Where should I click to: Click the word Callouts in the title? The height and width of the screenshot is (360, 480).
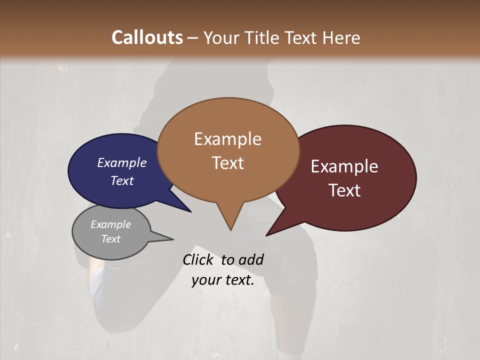point(147,37)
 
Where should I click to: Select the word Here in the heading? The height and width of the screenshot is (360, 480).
point(339,37)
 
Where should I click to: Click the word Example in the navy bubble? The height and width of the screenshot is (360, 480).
point(122,162)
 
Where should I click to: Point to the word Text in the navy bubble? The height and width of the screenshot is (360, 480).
point(122,180)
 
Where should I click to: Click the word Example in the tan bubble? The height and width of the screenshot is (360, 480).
point(227,139)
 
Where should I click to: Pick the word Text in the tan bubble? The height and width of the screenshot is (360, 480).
point(227,163)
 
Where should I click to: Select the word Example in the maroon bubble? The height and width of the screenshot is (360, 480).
point(344,166)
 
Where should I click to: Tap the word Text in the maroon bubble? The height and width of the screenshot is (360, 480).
point(344,190)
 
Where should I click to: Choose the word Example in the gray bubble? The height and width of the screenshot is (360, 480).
point(111,224)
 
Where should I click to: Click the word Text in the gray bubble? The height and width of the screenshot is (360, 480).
point(111,239)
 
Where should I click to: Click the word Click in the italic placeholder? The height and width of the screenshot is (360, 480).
point(199,259)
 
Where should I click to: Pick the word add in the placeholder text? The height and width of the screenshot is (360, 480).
point(250,259)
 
